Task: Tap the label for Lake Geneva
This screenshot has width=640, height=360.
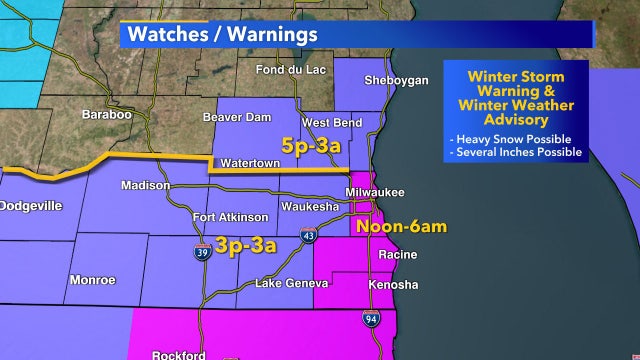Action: pyautogui.click(x=291, y=284)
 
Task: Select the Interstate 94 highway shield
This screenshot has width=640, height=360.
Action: pyautogui.click(x=370, y=318)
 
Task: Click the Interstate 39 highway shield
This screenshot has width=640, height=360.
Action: pyautogui.click(x=202, y=251)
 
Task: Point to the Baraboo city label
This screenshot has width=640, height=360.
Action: pyautogui.click(x=107, y=115)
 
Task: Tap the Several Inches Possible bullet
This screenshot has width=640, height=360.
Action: pyautogui.click(x=516, y=152)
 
